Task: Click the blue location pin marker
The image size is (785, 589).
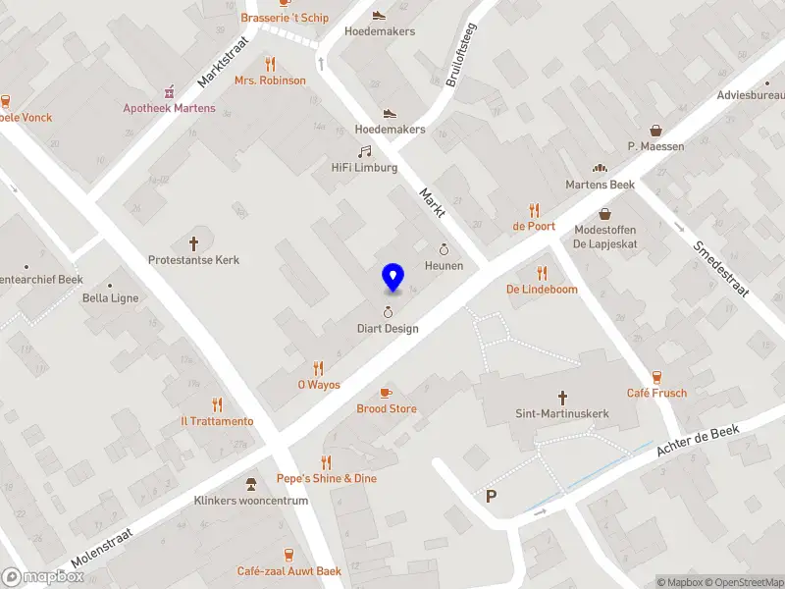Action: pyautogui.click(x=392, y=278)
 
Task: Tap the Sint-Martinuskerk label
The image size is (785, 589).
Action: pyautogui.click(x=563, y=414)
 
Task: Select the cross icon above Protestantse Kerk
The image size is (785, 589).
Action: pyautogui.click(x=193, y=242)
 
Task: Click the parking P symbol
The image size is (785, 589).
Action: pyautogui.click(x=491, y=497)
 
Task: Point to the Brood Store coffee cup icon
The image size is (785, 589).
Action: pyautogui.click(x=386, y=392)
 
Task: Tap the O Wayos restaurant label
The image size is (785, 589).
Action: pyautogui.click(x=319, y=385)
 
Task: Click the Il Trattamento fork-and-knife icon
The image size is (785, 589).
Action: pyautogui.click(x=217, y=404)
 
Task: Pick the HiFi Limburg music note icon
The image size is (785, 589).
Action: pyautogui.click(x=364, y=151)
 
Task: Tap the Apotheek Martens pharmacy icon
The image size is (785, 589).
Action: pyautogui.click(x=169, y=91)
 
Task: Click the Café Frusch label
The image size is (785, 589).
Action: pyautogui.click(x=656, y=393)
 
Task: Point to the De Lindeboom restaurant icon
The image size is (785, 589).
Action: pyautogui.click(x=542, y=273)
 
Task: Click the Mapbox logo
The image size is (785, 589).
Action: pyautogui.click(x=43, y=577)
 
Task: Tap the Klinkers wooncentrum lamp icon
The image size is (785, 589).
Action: pyautogui.click(x=251, y=483)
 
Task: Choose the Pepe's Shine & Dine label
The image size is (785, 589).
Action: pyautogui.click(x=326, y=478)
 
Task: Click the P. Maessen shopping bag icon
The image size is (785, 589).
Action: pyautogui.click(x=656, y=130)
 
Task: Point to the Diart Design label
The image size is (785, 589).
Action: pyautogui.click(x=388, y=329)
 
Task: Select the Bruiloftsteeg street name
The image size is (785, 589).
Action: pyautogui.click(x=460, y=55)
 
